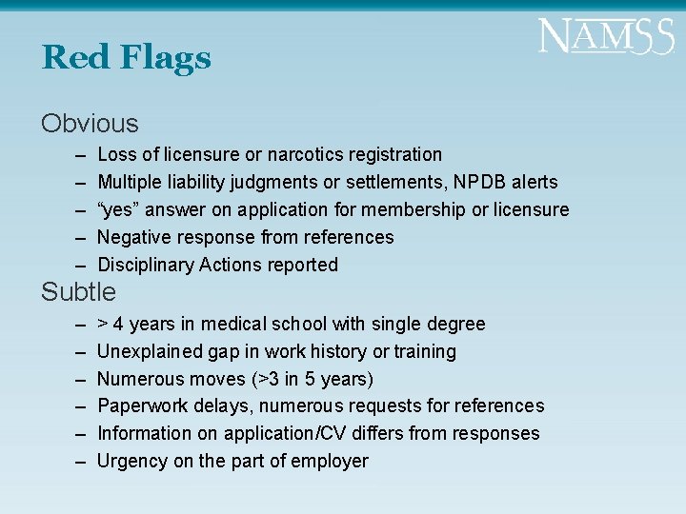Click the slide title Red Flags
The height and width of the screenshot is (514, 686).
click(x=126, y=59)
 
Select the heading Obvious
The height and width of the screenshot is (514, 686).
click(x=90, y=124)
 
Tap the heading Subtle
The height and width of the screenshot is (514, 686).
click(x=78, y=292)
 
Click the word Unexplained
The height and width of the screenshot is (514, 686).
click(x=149, y=352)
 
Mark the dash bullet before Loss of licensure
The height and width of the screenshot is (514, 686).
click(x=76, y=154)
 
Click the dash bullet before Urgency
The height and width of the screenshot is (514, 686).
click(x=76, y=461)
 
